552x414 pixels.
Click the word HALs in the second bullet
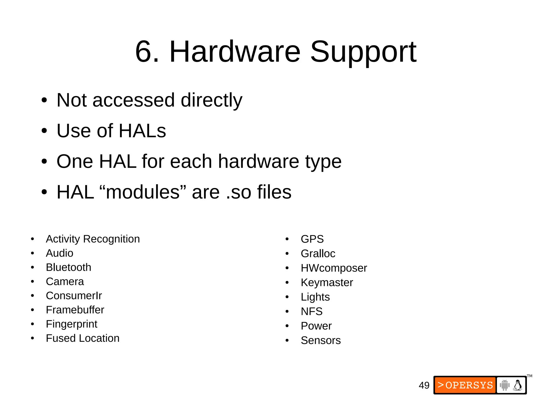click(x=142, y=131)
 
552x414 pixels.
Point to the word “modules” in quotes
click(x=143, y=192)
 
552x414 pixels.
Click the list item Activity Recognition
click(x=93, y=239)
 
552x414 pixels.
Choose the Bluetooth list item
click(x=68, y=267)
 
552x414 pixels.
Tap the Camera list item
click(x=65, y=282)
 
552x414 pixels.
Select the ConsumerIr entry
click(x=74, y=296)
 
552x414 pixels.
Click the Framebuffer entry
click(x=75, y=310)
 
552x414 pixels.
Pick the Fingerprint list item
click(x=71, y=324)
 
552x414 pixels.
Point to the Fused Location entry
click(x=82, y=338)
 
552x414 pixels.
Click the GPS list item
click(x=312, y=239)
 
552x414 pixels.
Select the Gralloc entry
click(x=318, y=254)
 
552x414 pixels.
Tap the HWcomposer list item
click(x=334, y=268)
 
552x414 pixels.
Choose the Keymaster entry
click(x=327, y=283)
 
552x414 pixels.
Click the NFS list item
click(x=312, y=312)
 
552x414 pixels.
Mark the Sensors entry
click(x=320, y=340)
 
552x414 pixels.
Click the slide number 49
click(x=424, y=385)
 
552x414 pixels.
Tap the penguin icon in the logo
click(x=517, y=385)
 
